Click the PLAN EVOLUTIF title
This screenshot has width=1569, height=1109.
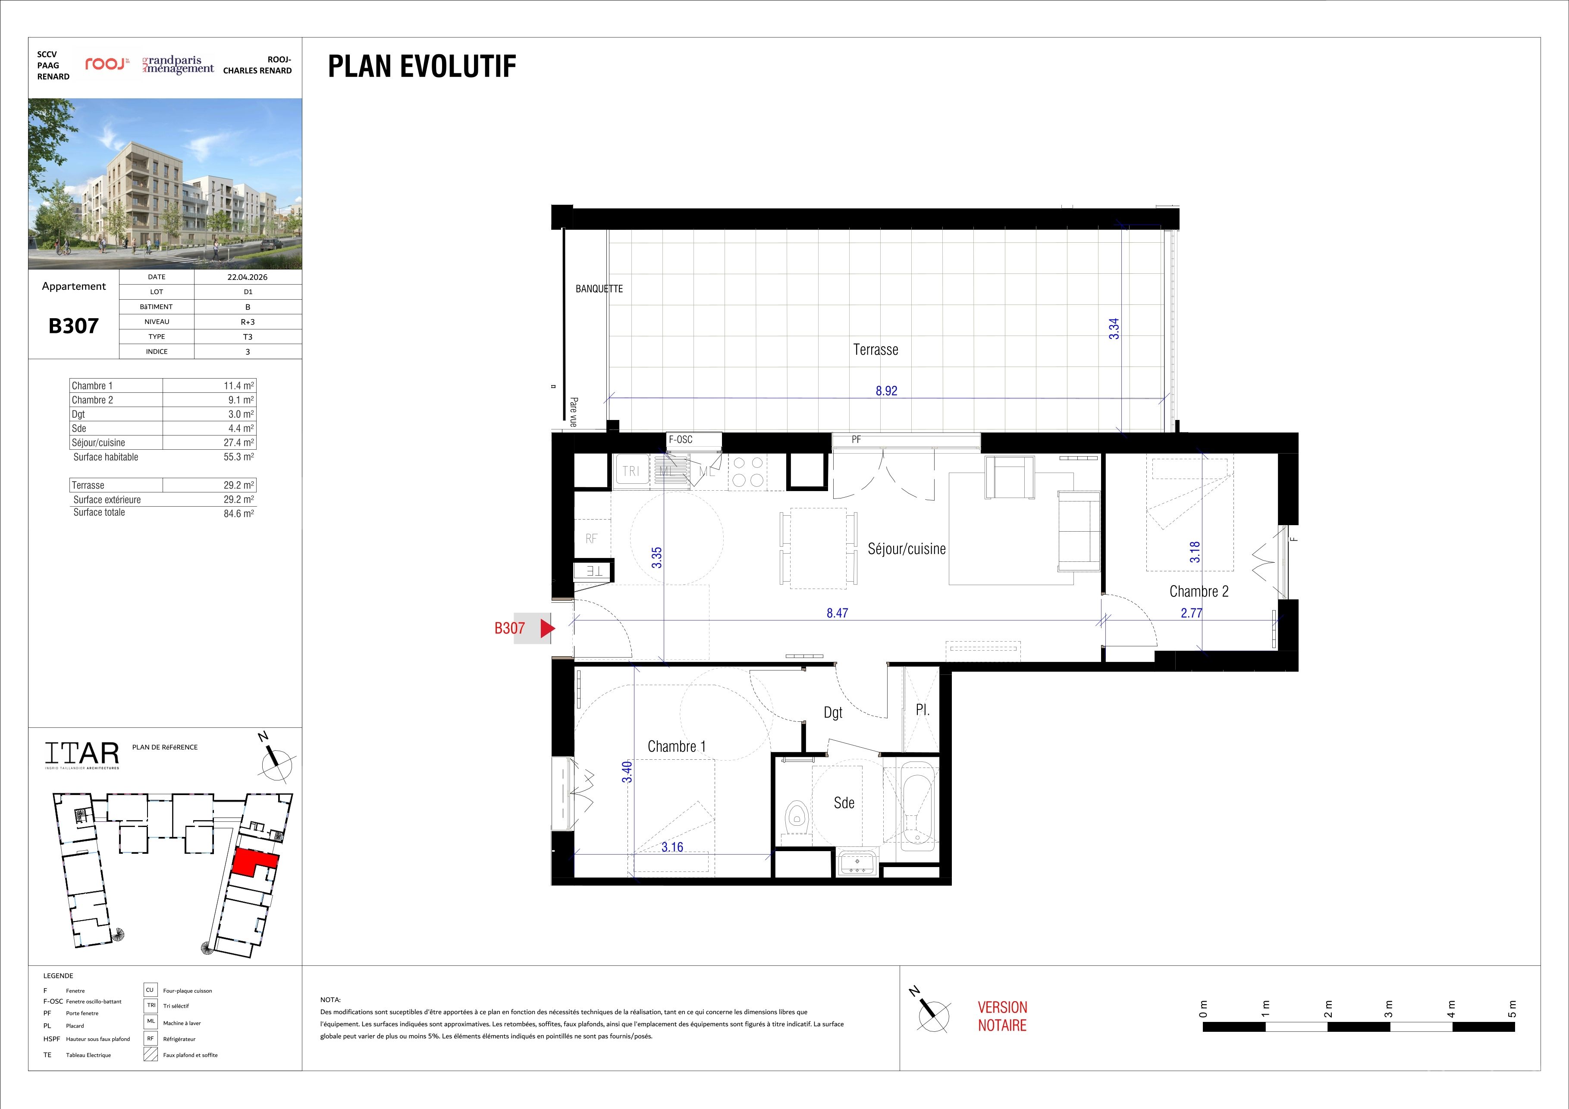click(422, 66)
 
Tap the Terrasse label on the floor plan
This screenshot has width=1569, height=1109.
click(876, 350)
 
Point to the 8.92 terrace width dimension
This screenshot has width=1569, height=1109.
click(886, 391)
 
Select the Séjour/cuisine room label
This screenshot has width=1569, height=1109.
click(907, 549)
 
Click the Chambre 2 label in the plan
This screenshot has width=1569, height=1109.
click(1199, 592)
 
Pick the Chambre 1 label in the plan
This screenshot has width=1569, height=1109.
click(677, 746)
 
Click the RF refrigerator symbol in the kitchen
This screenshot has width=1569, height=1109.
click(591, 539)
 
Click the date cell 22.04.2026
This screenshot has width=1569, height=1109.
click(248, 277)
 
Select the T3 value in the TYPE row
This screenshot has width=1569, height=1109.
click(248, 337)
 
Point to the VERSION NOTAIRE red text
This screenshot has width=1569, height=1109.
click(1002, 1016)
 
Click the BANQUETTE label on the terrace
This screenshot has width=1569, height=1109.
click(599, 289)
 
